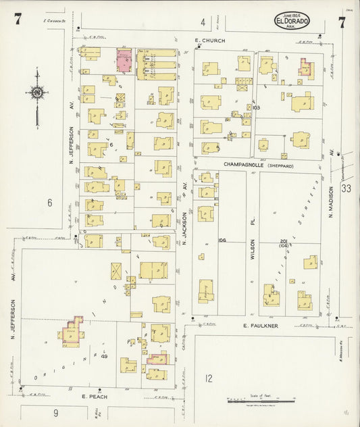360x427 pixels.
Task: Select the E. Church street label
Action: [x=205, y=41]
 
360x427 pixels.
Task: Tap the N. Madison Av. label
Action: [x=332, y=202]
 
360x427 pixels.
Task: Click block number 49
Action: [x=104, y=356]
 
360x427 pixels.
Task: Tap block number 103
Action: [x=255, y=107]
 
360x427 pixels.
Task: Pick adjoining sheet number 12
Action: [x=209, y=378]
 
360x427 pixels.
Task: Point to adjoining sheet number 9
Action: [x=56, y=413]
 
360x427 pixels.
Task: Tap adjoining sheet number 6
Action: [x=49, y=202]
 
